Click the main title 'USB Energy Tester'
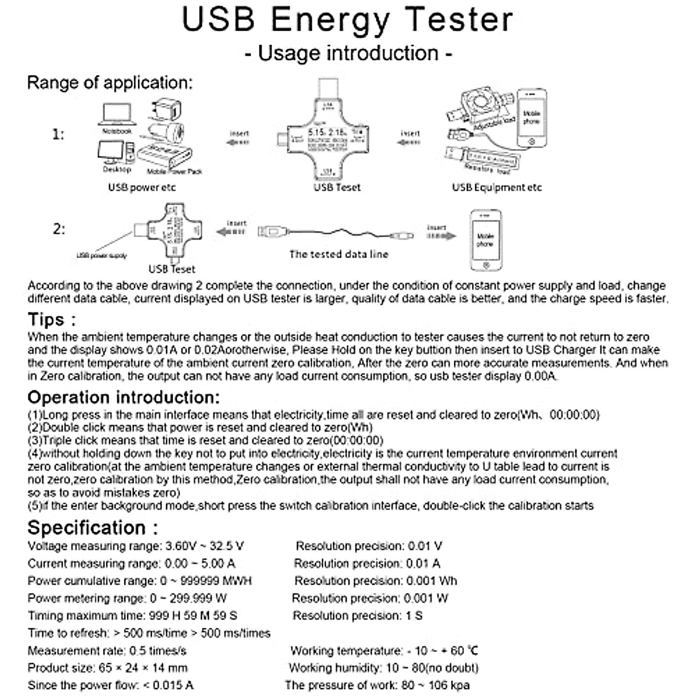coord(347,20)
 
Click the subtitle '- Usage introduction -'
coord(348,53)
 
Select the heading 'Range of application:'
coord(110,82)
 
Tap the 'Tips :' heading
coord(52,320)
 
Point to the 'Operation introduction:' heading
coord(124,397)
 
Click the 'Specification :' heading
coord(93,528)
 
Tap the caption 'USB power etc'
coord(142,187)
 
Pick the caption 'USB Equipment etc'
coord(496,187)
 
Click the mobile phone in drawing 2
coord(485,240)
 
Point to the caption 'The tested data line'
coord(339,254)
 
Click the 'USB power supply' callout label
coord(101,255)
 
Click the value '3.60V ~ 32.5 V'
coord(204,546)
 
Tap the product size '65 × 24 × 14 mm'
coord(143,668)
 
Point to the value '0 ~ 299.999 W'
coord(188,598)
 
